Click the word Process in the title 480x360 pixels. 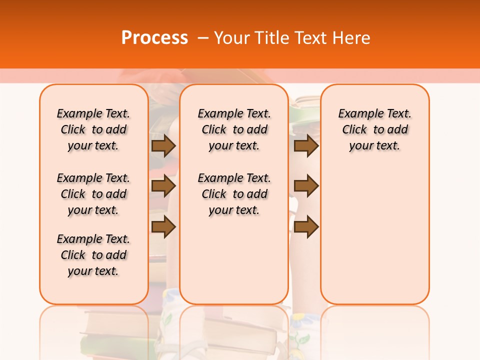tap(154, 37)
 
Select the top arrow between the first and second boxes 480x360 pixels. tap(163, 145)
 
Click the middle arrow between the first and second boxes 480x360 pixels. tap(163, 186)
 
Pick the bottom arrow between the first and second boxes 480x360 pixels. tap(163, 227)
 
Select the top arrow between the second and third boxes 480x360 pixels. tap(306, 145)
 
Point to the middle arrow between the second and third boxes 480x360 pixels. tap(306, 186)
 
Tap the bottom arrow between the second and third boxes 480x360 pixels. tap(306, 227)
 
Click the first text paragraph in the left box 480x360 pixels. tap(93, 129)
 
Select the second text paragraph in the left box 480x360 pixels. tap(93, 194)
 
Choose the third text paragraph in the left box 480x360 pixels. tap(93, 255)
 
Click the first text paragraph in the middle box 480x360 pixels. tap(234, 129)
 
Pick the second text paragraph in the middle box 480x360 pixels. tap(234, 194)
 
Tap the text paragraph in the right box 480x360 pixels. tap(375, 129)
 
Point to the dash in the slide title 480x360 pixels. tap(203, 37)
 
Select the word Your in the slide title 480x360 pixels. tap(232, 37)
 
